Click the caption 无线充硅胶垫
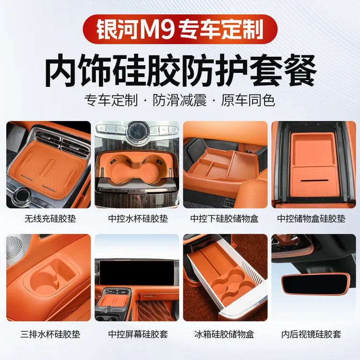tap(49, 219)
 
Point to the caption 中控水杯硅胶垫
tap(137, 219)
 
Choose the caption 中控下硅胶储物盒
tap(224, 219)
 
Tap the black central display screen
tap(137, 274)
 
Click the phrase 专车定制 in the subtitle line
tap(110, 100)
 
